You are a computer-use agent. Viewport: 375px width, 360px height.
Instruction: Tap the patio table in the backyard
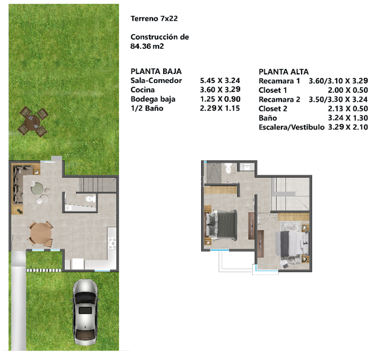(x=33, y=121)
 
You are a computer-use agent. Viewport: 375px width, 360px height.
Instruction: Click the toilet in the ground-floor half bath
(x=90, y=199)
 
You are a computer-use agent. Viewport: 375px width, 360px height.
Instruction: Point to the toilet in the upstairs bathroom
(x=228, y=168)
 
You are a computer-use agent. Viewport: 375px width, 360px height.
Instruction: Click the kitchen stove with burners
(x=112, y=243)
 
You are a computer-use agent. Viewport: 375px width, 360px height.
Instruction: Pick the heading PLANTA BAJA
(x=156, y=71)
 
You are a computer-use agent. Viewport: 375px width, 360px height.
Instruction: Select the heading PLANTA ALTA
(x=284, y=72)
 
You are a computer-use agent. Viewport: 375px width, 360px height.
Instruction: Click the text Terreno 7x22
(x=154, y=18)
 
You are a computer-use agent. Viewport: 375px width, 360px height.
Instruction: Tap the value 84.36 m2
(x=147, y=46)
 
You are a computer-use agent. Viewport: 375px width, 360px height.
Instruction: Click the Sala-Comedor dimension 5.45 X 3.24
(x=220, y=80)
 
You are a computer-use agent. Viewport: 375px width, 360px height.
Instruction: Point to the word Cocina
(x=142, y=90)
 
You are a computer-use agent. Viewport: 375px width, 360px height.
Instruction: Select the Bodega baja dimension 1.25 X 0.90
(x=220, y=99)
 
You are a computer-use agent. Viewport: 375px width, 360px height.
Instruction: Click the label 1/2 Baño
(x=147, y=108)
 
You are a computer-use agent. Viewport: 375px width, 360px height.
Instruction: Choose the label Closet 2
(x=273, y=109)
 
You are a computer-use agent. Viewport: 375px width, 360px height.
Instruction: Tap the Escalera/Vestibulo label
(x=291, y=127)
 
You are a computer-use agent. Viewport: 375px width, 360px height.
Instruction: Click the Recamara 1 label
(x=279, y=81)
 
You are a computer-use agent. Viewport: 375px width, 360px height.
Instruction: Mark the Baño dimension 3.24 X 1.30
(x=348, y=118)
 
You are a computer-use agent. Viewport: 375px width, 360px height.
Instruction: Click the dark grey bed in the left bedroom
(x=222, y=225)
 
